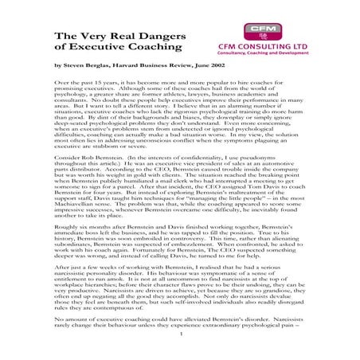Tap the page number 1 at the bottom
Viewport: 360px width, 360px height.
click(x=181, y=346)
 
